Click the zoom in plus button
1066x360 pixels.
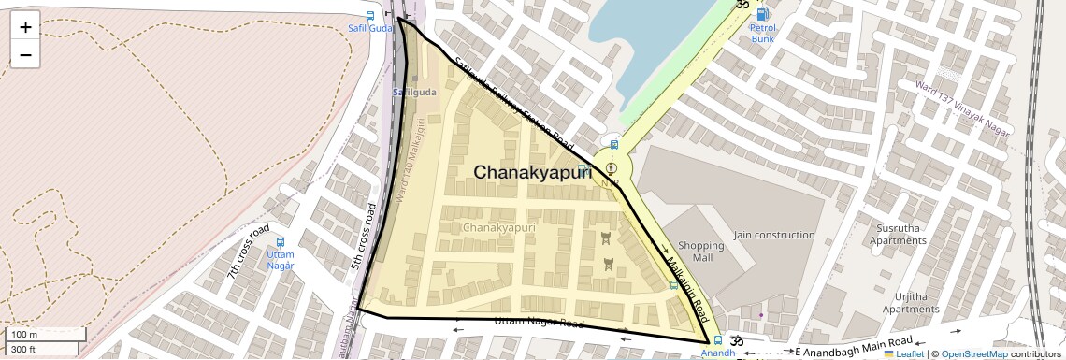coord(25,27)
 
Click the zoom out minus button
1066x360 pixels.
coord(25,54)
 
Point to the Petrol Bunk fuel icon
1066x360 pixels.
coord(763,14)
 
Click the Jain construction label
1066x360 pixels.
coord(774,235)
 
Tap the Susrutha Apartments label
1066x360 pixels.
coord(898,234)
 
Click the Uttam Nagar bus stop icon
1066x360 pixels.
coord(281,241)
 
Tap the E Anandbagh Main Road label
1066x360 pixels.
coord(853,347)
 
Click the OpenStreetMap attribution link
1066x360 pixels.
coord(973,354)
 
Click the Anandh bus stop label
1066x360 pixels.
coord(718,353)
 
